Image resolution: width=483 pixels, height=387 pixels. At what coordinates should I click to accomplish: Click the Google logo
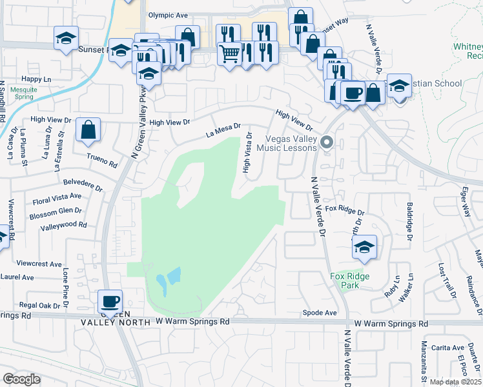(21, 379)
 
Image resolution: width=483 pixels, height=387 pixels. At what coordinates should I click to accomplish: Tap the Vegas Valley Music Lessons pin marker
(327, 143)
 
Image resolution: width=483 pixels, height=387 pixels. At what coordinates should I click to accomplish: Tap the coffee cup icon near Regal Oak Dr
(110, 301)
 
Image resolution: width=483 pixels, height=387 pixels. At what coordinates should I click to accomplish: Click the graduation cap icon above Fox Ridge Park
(364, 247)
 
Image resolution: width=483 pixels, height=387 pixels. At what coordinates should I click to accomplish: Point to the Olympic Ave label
(167, 15)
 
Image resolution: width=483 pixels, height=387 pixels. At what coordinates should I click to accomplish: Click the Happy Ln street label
(36, 79)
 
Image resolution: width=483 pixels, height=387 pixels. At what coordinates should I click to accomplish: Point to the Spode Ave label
(320, 313)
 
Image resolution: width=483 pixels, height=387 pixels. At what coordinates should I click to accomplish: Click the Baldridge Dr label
(409, 223)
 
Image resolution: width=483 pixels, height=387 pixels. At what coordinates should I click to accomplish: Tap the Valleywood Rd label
(63, 226)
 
